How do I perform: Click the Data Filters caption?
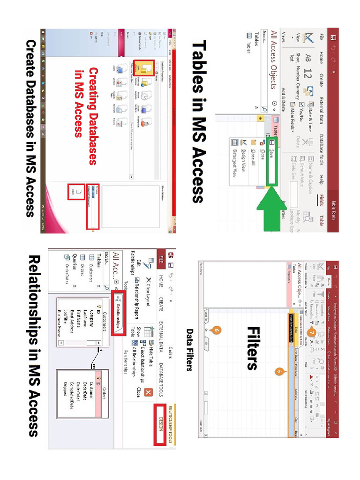[189, 349]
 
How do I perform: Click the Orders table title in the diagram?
[106, 391]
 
